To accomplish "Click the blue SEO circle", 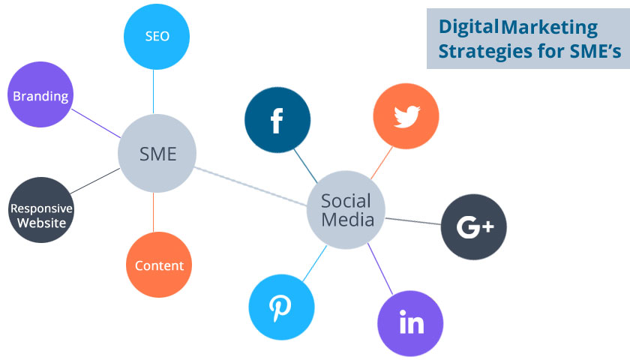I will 157,36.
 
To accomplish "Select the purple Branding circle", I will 40,95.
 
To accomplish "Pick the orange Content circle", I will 159,265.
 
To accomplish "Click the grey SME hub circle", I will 157,154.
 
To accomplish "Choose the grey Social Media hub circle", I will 346,210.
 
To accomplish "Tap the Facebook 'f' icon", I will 277,120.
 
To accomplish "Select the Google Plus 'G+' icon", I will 473,226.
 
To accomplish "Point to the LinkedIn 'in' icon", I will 412,322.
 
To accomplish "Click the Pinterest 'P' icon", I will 281,307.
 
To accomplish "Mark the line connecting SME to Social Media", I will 251,182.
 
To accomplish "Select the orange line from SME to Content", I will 153,213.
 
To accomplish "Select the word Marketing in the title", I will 549,28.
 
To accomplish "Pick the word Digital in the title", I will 468,28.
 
